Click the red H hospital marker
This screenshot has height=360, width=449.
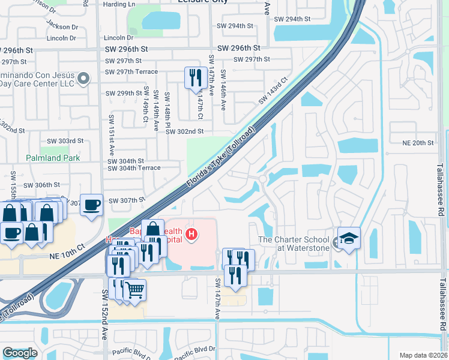191,233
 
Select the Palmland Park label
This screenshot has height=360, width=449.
53,158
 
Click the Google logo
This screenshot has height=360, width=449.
19,353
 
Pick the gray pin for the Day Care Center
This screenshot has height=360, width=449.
85,78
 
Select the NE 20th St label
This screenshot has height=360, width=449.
418,143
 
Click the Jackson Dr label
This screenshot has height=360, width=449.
62,27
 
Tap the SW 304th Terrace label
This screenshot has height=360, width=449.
134,168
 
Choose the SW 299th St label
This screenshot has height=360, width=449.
124,93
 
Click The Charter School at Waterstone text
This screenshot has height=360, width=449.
294,244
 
